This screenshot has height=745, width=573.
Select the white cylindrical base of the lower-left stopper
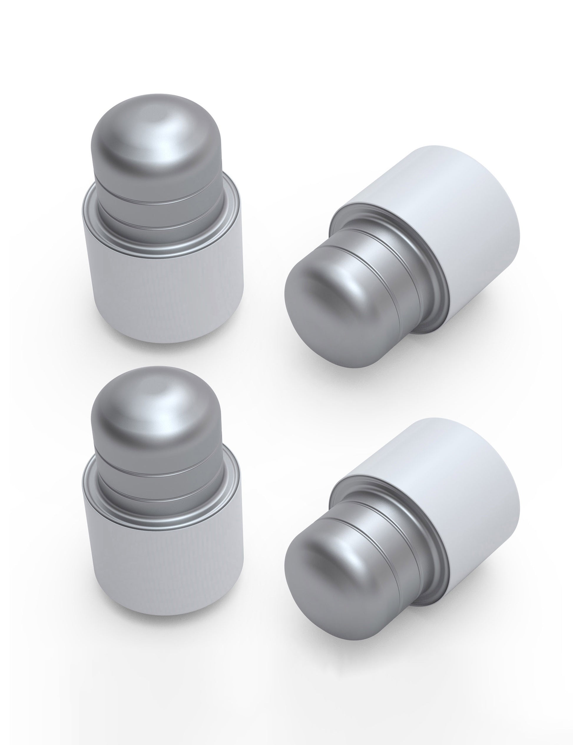pos(164,566)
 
